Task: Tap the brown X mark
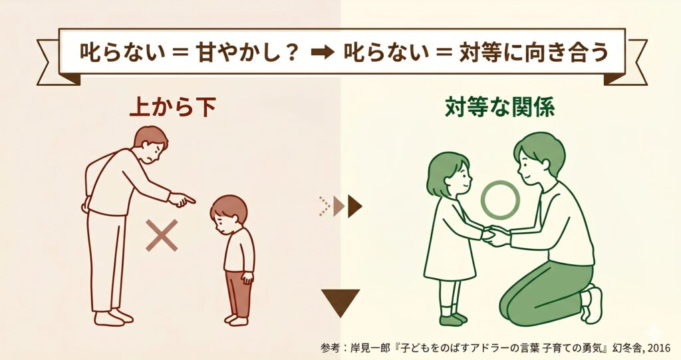pos(162,235)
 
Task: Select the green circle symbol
pos(500,200)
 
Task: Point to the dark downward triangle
pos(340,300)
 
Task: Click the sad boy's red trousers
pos(237,293)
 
